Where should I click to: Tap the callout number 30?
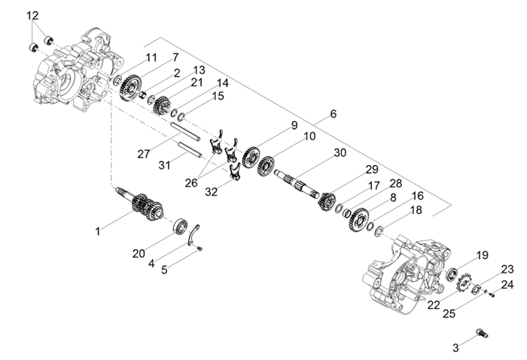(340, 153)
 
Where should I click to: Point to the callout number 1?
(97, 232)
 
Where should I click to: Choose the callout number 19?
(482, 255)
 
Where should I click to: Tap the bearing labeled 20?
(180, 225)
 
